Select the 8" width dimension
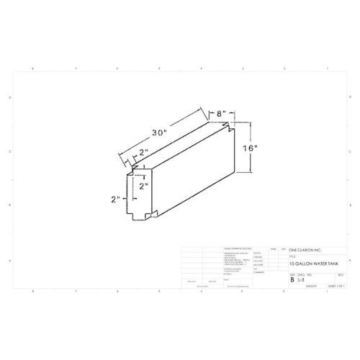(223, 114)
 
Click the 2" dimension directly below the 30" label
(144, 153)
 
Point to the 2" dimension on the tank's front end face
(143, 185)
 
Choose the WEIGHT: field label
(311, 286)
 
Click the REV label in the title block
(340, 274)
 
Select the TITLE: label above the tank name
(292, 256)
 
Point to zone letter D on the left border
(9, 96)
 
